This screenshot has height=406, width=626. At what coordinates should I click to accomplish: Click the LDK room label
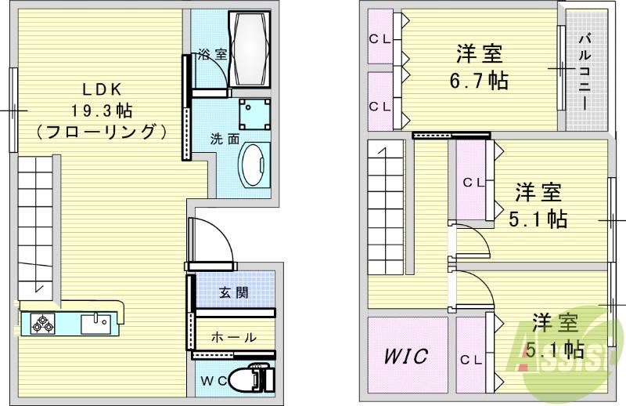(x=99, y=89)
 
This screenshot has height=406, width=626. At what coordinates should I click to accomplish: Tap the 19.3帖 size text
(x=99, y=110)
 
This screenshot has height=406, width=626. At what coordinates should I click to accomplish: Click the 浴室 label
(x=211, y=55)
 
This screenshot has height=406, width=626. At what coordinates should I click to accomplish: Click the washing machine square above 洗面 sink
(x=254, y=114)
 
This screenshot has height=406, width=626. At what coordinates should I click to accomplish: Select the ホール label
(x=233, y=338)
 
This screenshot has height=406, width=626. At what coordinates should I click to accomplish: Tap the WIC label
(x=405, y=357)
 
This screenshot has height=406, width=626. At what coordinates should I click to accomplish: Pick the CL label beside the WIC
(x=471, y=360)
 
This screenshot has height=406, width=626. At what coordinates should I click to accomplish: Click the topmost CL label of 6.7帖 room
(x=381, y=38)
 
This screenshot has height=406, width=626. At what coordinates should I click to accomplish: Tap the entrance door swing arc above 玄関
(x=213, y=239)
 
